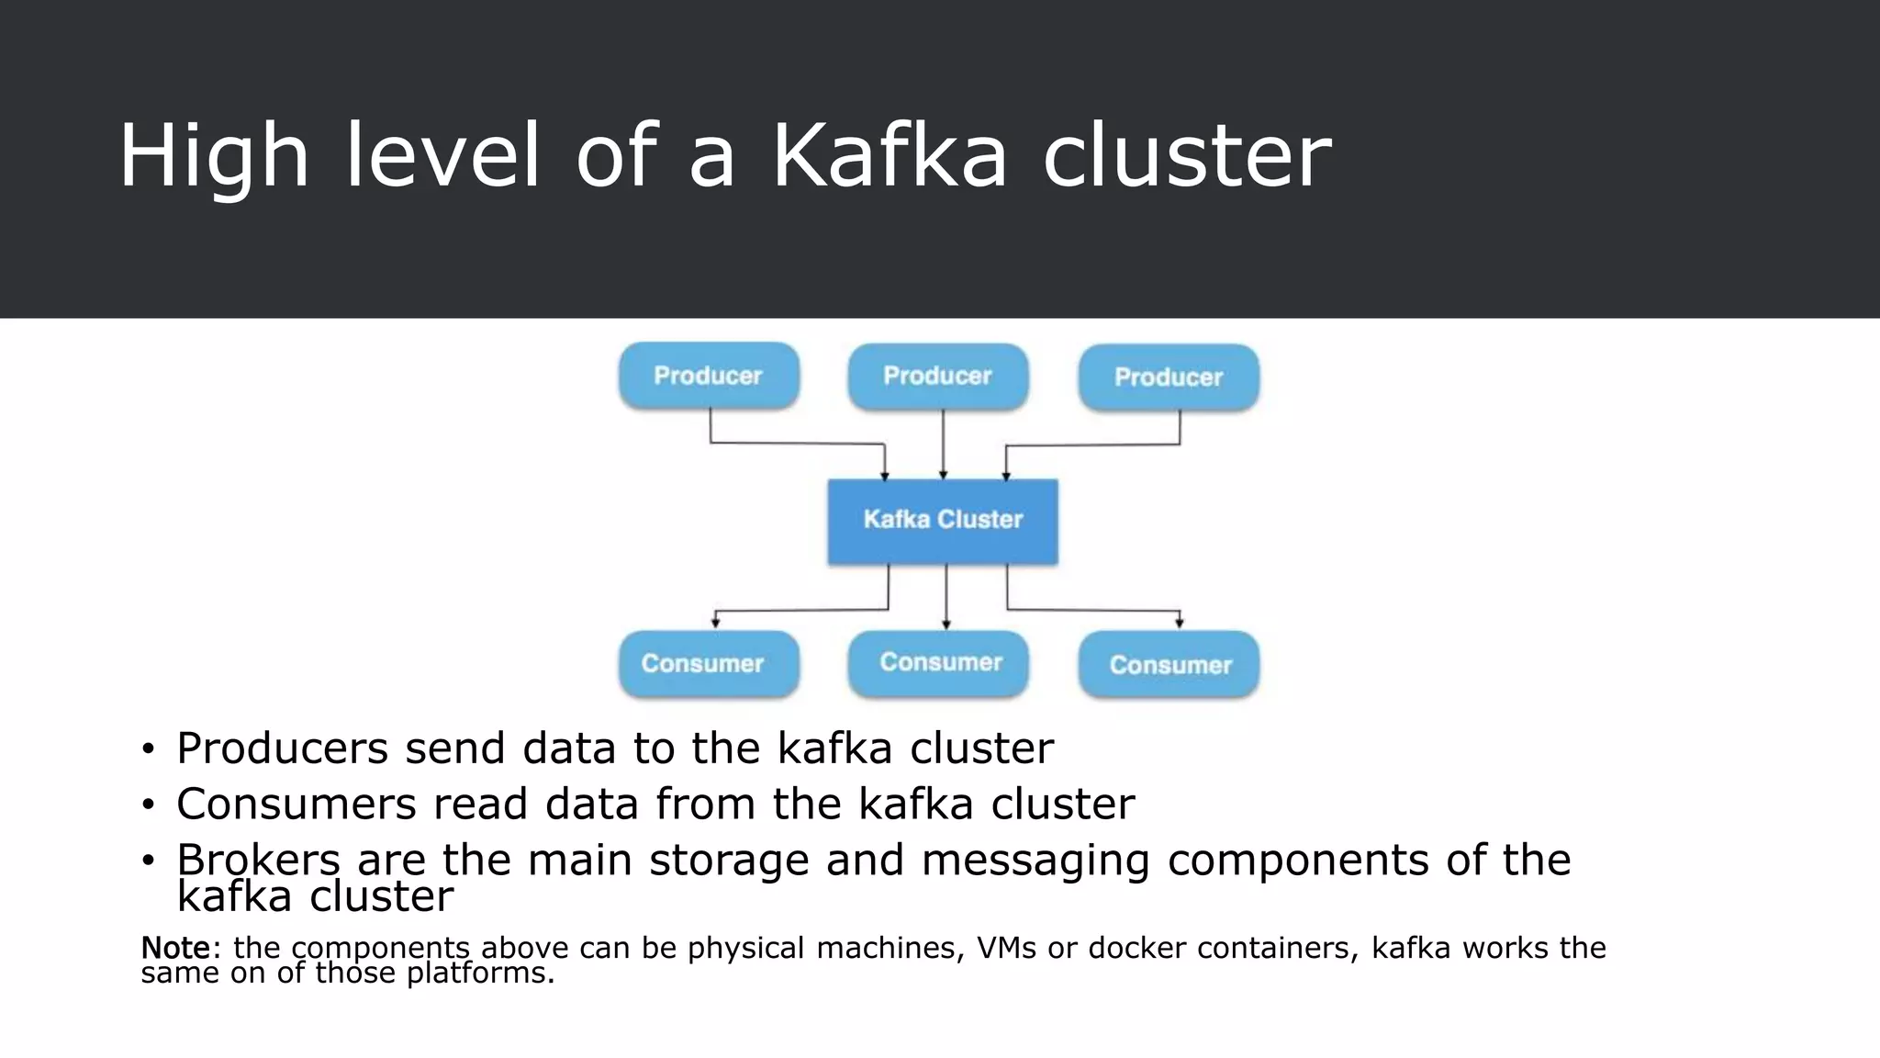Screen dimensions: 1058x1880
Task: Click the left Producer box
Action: [x=709, y=376]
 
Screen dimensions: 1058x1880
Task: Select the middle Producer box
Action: [x=938, y=376]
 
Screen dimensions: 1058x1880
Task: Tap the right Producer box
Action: [x=1169, y=377]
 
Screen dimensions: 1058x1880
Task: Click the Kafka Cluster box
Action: [x=943, y=520]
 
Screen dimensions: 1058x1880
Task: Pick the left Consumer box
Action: [x=709, y=663]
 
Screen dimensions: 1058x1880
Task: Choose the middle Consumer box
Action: [x=938, y=662]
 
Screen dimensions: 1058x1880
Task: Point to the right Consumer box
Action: [x=1169, y=664]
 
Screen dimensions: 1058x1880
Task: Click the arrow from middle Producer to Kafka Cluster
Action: [x=943, y=445]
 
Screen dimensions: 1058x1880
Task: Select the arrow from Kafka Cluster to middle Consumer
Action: [x=946, y=597]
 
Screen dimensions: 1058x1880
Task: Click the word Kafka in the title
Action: [x=889, y=156]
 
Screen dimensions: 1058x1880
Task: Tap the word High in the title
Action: [x=213, y=156]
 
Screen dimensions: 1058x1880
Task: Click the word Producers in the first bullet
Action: [x=282, y=748]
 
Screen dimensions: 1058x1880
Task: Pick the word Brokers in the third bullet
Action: [x=258, y=861]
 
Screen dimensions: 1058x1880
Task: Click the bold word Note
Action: [x=175, y=948]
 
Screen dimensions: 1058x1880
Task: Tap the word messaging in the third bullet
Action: [x=1035, y=861]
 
